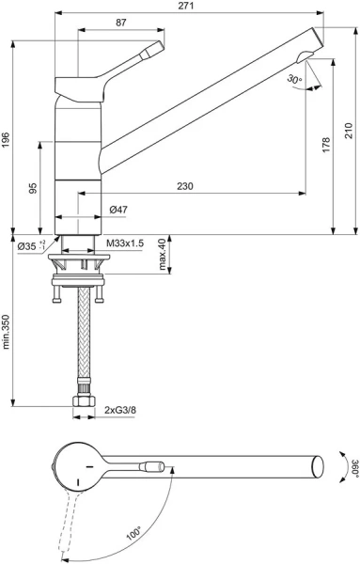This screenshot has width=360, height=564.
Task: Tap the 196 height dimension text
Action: coord(7,138)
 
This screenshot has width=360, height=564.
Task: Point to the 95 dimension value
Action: coord(33,188)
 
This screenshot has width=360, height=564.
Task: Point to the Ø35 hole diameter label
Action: coord(28,245)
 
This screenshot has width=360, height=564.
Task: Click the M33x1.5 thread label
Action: coord(124,243)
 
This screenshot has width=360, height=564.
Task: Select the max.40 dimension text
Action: coord(163,253)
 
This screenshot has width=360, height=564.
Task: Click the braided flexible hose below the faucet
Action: coord(86,338)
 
